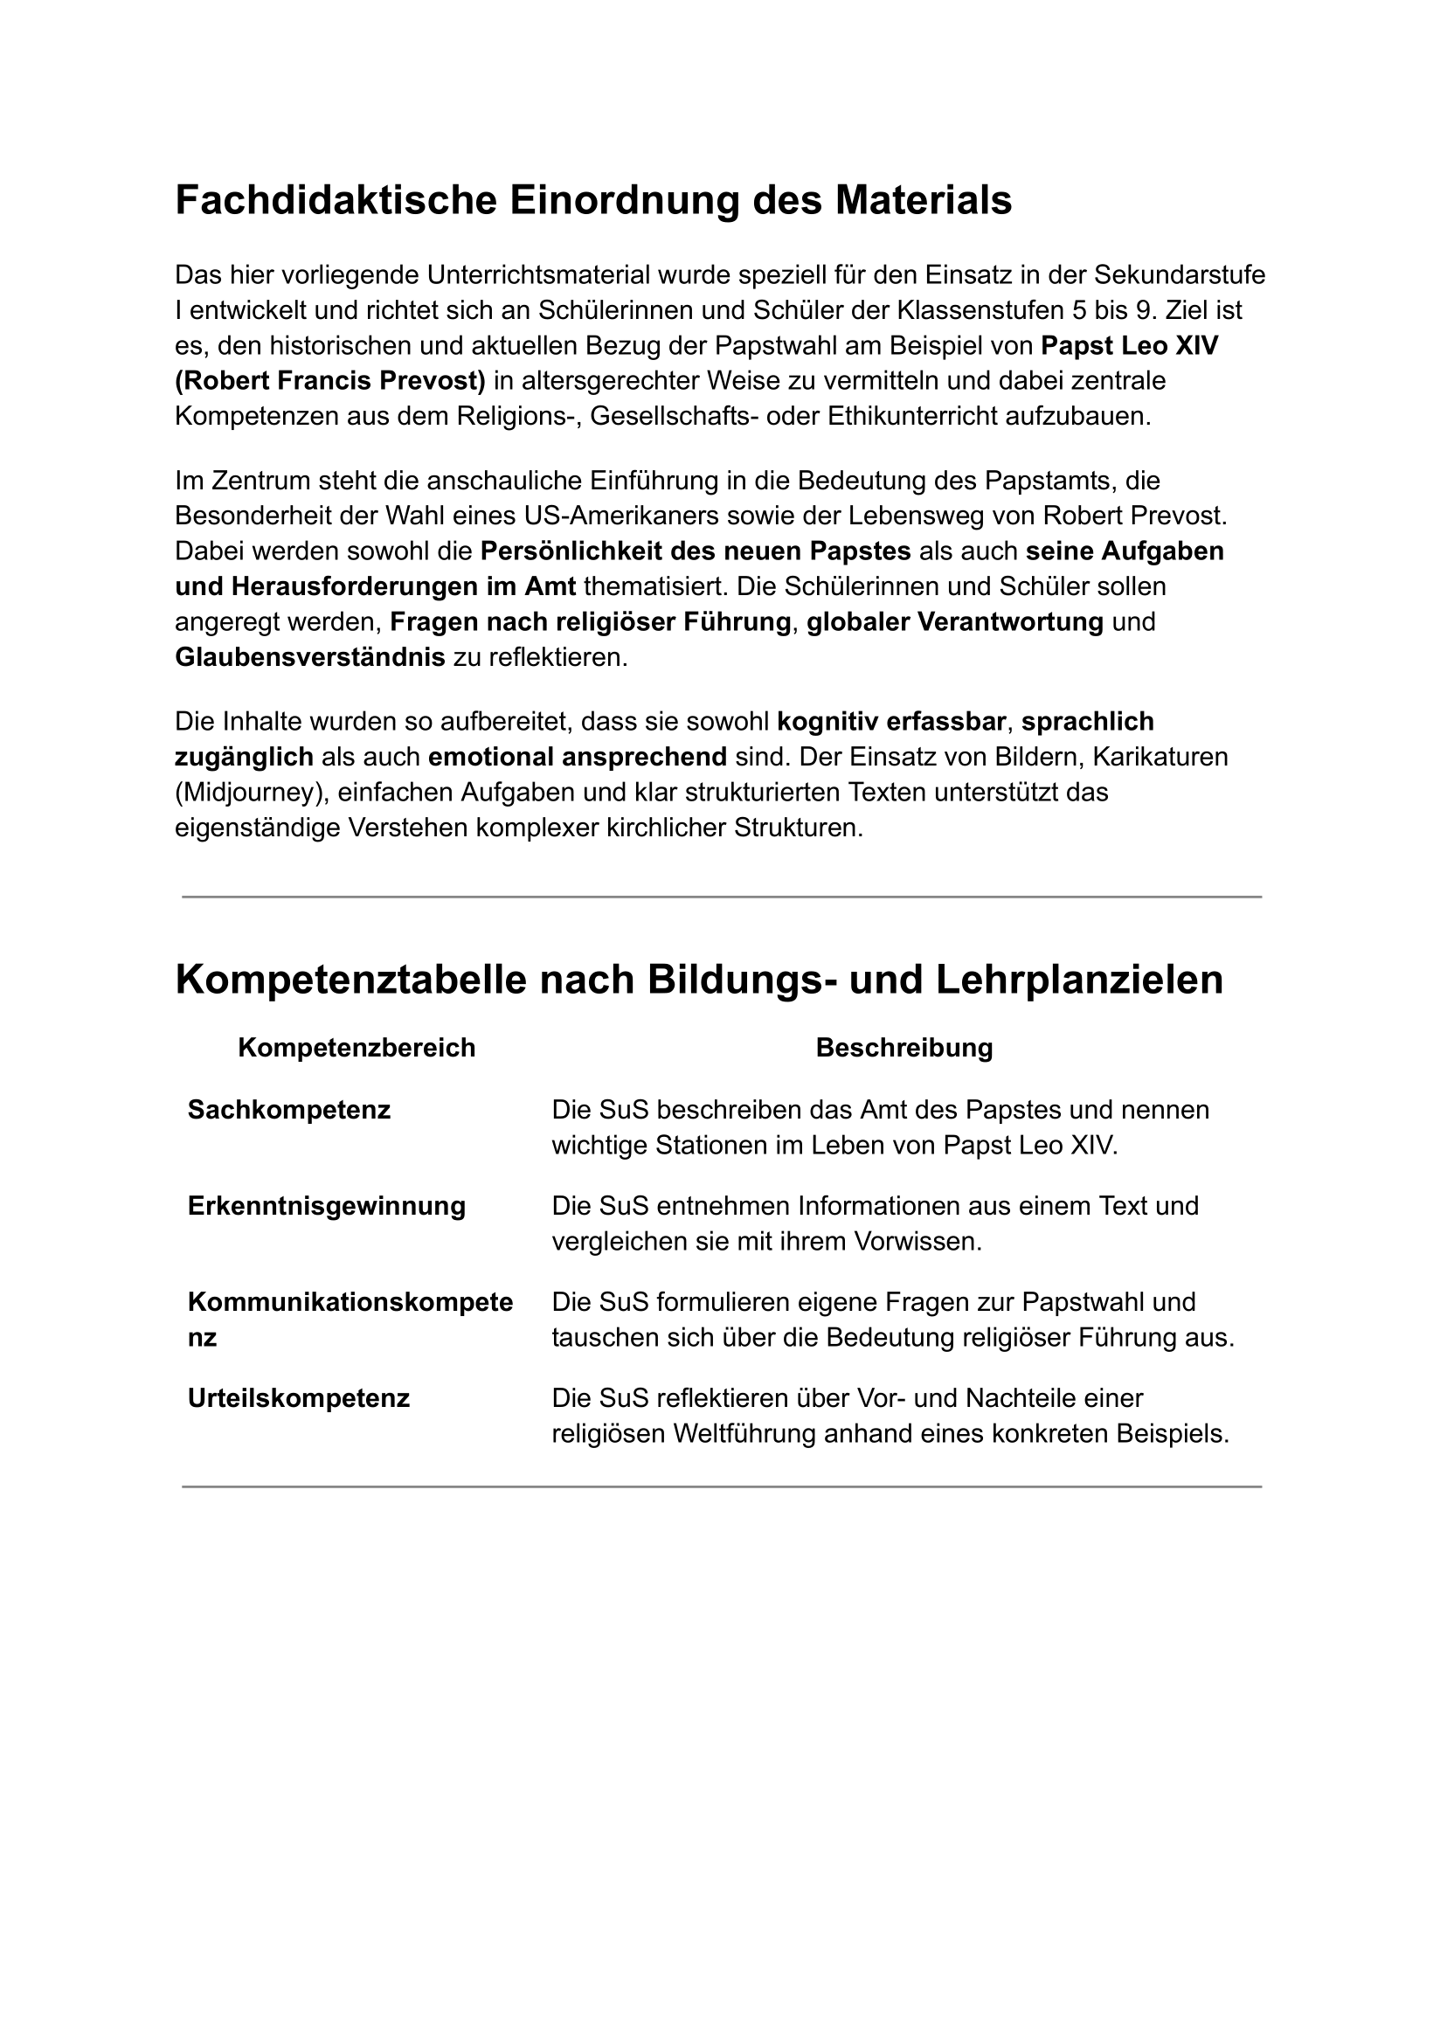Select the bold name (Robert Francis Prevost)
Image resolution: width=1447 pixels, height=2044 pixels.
pos(329,380)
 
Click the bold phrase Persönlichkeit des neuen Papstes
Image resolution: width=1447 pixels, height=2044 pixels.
pos(695,551)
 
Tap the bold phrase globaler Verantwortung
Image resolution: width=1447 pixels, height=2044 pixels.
pos(955,622)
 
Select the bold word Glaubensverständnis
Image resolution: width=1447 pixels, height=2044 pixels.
pos(310,657)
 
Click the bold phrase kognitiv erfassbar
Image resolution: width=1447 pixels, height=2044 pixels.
pos(891,721)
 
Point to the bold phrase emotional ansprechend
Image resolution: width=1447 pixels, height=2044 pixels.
pos(578,757)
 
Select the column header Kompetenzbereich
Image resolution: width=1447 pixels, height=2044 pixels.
pos(357,1048)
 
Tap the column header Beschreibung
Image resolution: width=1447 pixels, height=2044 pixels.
pos(904,1048)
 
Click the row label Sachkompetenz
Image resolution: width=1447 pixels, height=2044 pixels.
pos(288,1110)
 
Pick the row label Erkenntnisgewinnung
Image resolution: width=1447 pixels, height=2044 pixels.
pos(326,1207)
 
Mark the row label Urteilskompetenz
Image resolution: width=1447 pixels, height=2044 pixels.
pos(299,1399)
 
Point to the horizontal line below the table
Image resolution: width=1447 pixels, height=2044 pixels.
pos(722,1487)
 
